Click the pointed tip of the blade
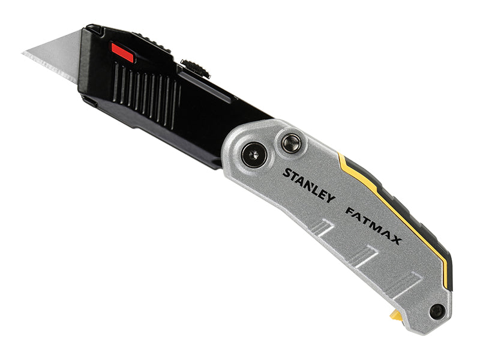pos(25,54)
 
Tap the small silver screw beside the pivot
pos(291,143)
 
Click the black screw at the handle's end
pos(437,311)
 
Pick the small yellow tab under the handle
pos(397,314)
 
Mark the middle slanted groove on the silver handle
pos(364,255)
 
